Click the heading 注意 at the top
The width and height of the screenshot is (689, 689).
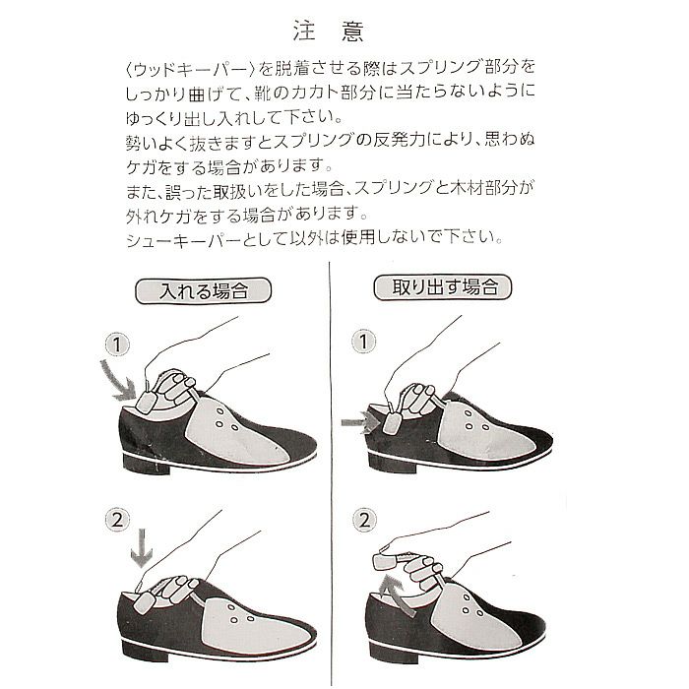[328, 31]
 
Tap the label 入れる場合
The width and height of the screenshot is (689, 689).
[204, 291]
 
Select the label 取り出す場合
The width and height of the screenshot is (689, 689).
[443, 287]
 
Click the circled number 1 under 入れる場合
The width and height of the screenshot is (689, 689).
[117, 344]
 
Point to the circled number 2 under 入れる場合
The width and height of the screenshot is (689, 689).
[117, 521]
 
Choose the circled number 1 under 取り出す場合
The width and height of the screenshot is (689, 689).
[364, 342]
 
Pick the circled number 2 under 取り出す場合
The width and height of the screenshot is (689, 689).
[364, 521]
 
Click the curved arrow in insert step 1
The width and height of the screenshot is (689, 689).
[119, 381]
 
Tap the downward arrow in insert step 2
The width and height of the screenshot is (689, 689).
[142, 548]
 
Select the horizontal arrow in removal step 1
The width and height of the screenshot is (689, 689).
[360, 422]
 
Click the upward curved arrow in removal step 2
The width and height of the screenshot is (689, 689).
[398, 595]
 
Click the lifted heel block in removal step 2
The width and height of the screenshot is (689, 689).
[386, 561]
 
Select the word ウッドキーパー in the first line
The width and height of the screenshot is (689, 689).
[190, 70]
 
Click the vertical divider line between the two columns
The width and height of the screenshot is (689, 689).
[331, 474]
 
